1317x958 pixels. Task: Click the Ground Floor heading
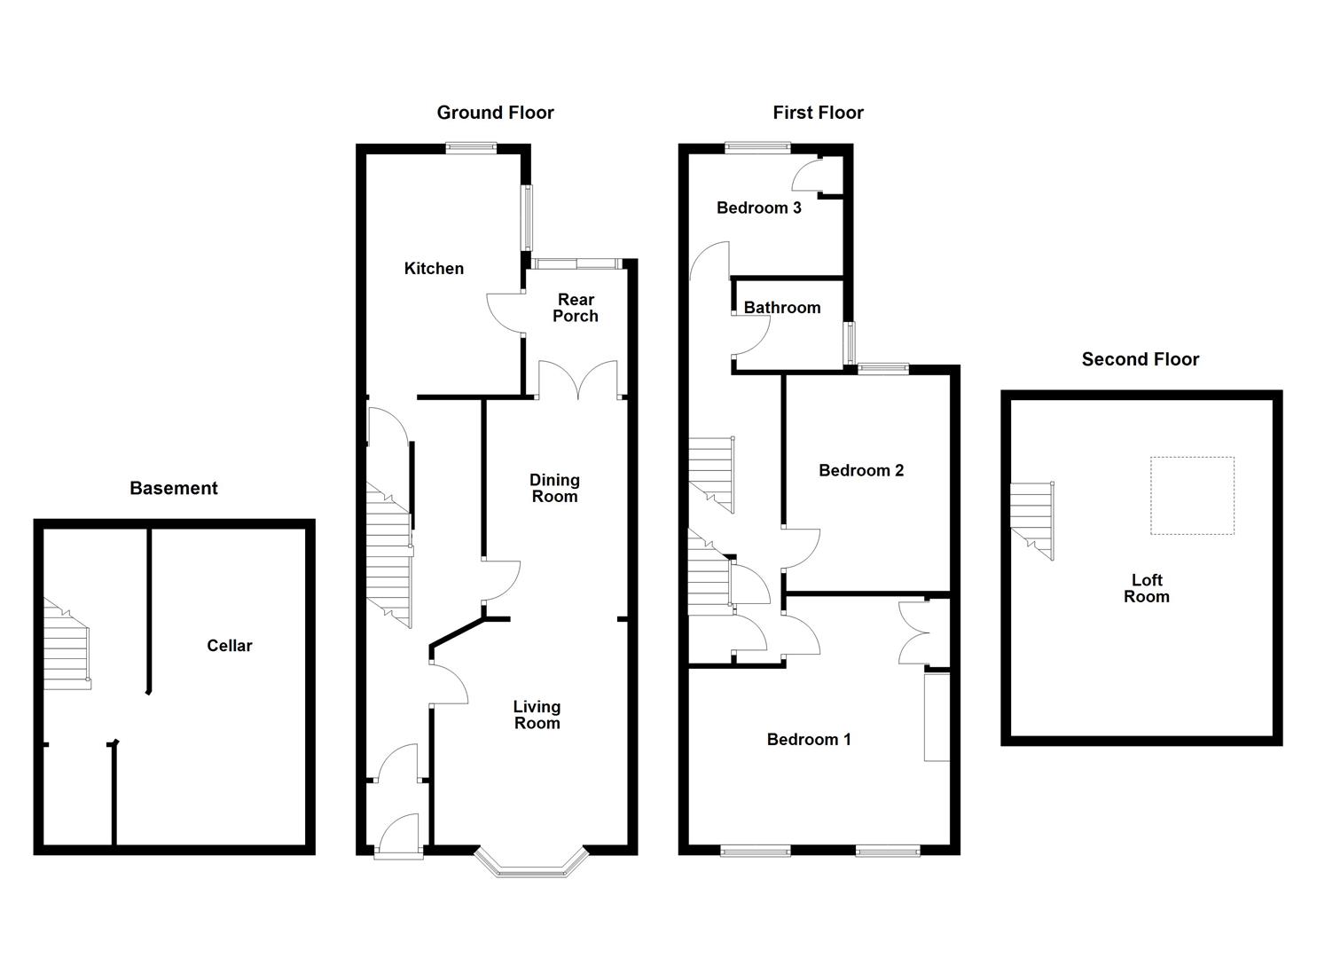(x=495, y=113)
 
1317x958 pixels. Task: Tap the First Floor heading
(x=818, y=113)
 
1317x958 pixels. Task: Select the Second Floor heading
(x=1140, y=359)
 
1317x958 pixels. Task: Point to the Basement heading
(x=174, y=488)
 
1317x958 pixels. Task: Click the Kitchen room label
(x=434, y=269)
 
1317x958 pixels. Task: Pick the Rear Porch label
(x=576, y=308)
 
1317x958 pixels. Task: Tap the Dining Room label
(x=554, y=488)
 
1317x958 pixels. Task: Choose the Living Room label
(x=537, y=715)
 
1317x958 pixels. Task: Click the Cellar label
(x=229, y=646)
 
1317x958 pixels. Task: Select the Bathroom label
(x=781, y=308)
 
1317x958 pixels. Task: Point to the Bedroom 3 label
(x=758, y=208)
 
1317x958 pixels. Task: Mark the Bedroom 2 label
(x=860, y=470)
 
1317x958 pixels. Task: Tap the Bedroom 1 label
(x=809, y=739)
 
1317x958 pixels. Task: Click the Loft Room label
(x=1146, y=588)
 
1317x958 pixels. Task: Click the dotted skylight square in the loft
(x=1192, y=495)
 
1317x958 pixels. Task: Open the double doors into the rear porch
(x=577, y=380)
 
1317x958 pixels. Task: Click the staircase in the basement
(x=67, y=646)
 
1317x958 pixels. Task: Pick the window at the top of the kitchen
(x=471, y=149)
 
